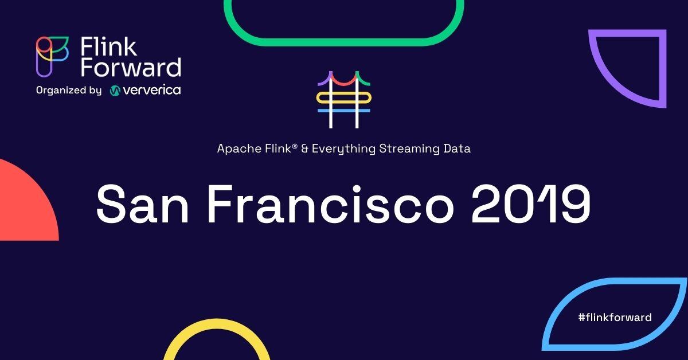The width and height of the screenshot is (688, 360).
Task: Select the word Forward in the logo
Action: (x=131, y=68)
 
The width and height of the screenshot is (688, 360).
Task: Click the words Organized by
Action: (x=68, y=90)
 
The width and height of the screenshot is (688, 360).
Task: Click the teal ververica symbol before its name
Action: (x=115, y=91)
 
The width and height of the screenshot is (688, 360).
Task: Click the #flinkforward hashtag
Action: (x=615, y=317)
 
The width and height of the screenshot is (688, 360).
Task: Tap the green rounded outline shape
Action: (x=343, y=26)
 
